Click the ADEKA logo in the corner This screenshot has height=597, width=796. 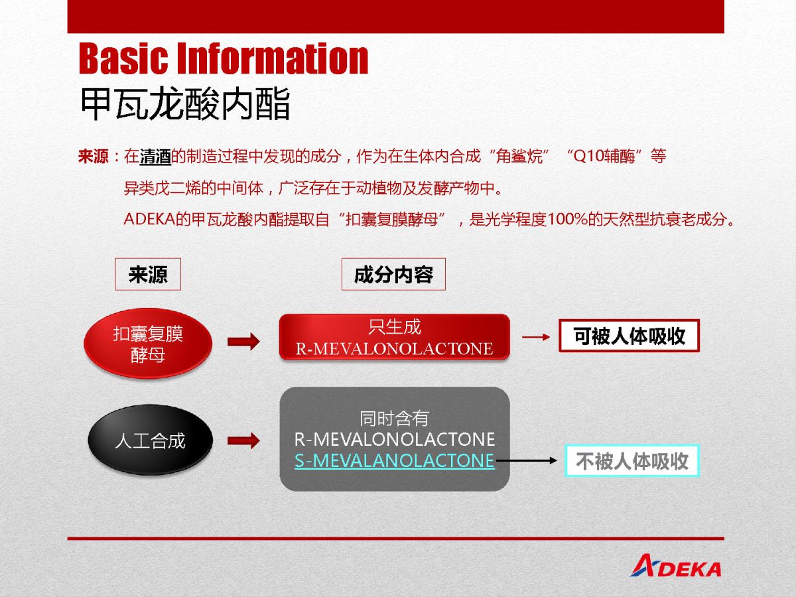(675, 566)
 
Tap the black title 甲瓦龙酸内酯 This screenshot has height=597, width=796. (185, 103)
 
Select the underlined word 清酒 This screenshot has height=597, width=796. (155, 157)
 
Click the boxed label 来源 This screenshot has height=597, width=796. (148, 274)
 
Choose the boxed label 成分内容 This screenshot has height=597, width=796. (393, 274)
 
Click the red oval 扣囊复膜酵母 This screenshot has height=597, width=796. (148, 343)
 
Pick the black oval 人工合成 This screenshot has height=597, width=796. (150, 440)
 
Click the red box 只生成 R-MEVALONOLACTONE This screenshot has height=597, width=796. (395, 337)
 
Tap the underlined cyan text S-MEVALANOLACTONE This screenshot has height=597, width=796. (395, 461)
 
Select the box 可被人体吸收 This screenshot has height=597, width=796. (630, 336)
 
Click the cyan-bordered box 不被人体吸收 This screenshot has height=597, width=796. (632, 461)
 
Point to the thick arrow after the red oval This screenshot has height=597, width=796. (243, 342)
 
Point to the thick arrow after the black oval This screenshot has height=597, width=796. (243, 440)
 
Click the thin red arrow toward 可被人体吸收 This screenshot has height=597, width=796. (536, 337)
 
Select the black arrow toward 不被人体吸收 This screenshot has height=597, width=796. (527, 461)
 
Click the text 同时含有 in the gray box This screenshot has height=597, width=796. (394, 419)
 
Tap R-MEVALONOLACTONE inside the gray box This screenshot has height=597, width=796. (395, 439)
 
